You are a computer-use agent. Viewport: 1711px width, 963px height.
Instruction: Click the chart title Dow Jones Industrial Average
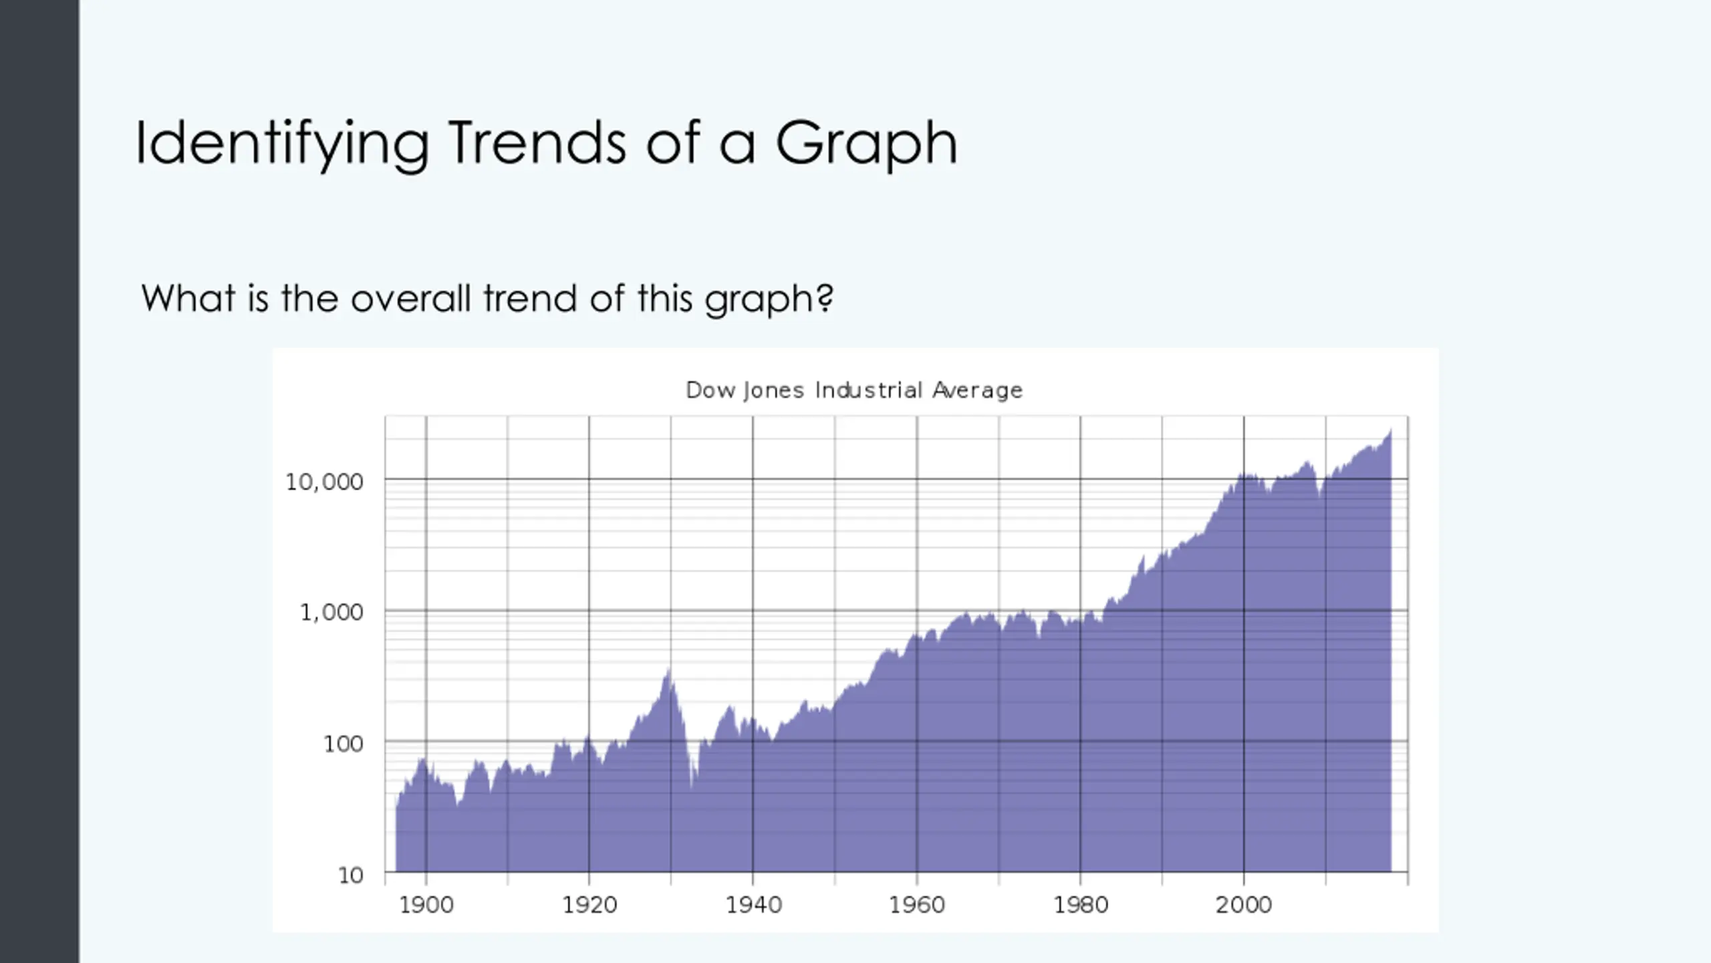[854, 390]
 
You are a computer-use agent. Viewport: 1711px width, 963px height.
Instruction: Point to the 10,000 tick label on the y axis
[324, 481]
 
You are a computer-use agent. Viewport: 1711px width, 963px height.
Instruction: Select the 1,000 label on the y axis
[332, 612]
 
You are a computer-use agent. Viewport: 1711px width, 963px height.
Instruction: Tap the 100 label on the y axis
[343, 744]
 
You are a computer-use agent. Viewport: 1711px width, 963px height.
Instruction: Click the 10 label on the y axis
[351, 875]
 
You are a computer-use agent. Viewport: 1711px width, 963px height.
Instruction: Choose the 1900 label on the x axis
[426, 905]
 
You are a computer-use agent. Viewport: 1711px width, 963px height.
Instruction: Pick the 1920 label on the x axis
[589, 905]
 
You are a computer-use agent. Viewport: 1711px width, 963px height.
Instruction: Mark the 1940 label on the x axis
[753, 905]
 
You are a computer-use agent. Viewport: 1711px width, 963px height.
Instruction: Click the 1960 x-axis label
[917, 905]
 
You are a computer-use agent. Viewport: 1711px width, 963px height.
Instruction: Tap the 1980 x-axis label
[1081, 905]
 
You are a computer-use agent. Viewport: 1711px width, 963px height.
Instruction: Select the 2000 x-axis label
[1244, 905]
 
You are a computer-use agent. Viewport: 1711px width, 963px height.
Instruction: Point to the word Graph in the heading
[866, 144]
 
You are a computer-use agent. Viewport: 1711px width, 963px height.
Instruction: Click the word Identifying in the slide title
[281, 144]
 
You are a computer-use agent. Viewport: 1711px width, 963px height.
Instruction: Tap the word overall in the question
[411, 298]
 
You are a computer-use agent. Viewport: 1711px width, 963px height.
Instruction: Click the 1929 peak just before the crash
[668, 669]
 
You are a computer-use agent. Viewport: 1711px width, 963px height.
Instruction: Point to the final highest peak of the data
[1390, 431]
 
